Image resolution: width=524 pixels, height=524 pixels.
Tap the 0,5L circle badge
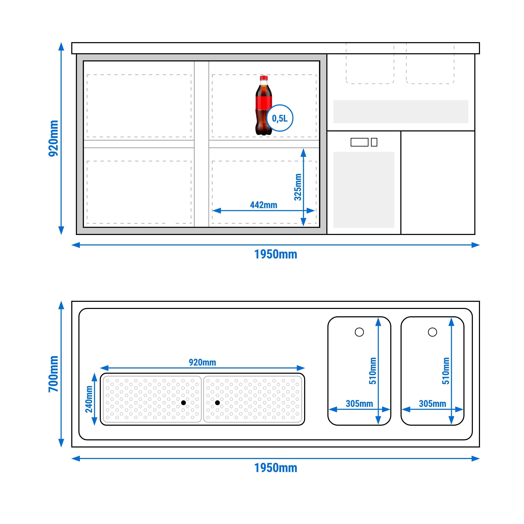pos(280,118)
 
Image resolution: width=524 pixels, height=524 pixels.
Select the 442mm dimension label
pos(264,205)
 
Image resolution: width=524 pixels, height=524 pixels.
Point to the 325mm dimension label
pos(298,187)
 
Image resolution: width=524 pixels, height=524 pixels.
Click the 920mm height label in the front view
pos(53,138)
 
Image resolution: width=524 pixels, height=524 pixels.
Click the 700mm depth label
pos(53,374)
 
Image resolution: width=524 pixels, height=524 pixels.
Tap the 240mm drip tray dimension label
pos(89,399)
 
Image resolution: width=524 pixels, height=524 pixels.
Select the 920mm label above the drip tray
pos(202,362)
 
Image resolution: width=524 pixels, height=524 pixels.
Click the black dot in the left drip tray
pos(184,403)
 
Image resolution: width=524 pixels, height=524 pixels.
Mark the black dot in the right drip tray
pos(217,403)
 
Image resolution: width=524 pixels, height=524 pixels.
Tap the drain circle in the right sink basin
pos(432,332)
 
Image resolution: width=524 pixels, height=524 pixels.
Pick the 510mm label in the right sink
pos(446,371)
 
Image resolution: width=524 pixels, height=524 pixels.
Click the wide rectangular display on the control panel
pos(359,142)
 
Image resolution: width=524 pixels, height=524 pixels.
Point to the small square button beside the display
pos(374,142)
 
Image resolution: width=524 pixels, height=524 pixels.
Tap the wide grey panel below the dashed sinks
pos(401,112)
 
